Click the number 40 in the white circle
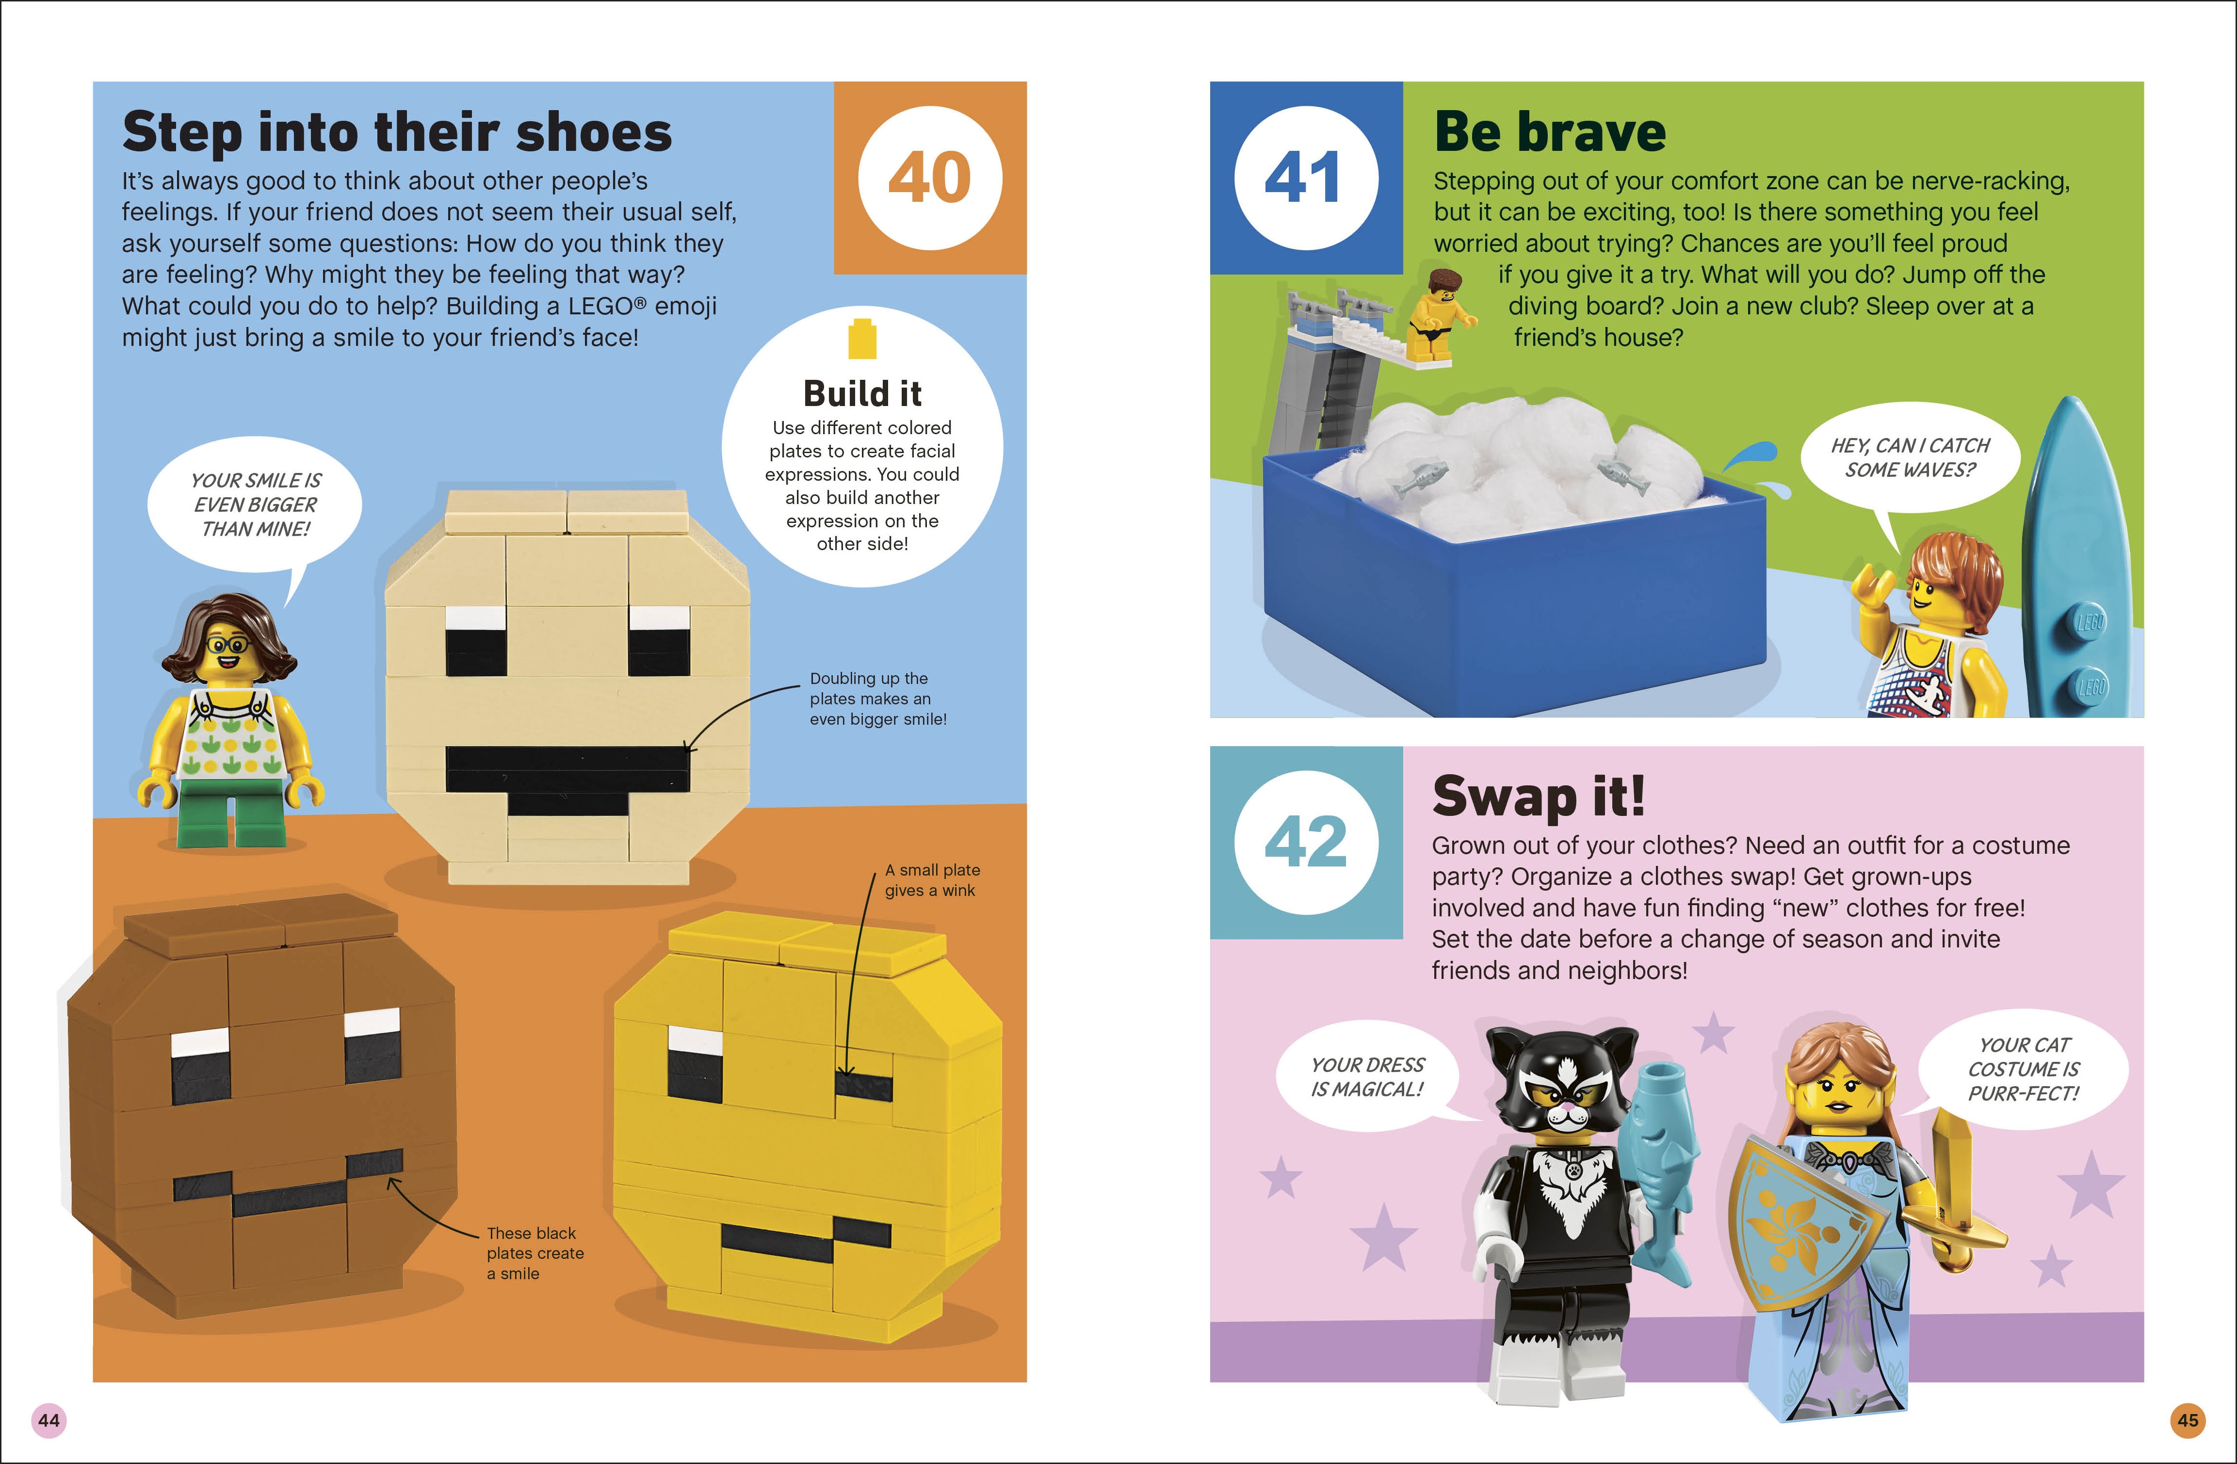point(929,178)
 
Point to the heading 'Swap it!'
point(1539,797)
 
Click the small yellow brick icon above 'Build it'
point(862,339)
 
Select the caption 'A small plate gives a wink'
point(931,880)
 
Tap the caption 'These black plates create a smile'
point(535,1253)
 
